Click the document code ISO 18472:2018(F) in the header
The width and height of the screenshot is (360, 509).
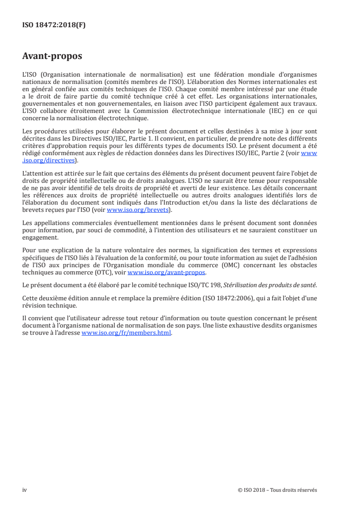[x=54, y=25]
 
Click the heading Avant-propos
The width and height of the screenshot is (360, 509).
[x=52, y=57]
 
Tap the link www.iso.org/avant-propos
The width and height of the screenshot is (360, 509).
[x=167, y=273]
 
